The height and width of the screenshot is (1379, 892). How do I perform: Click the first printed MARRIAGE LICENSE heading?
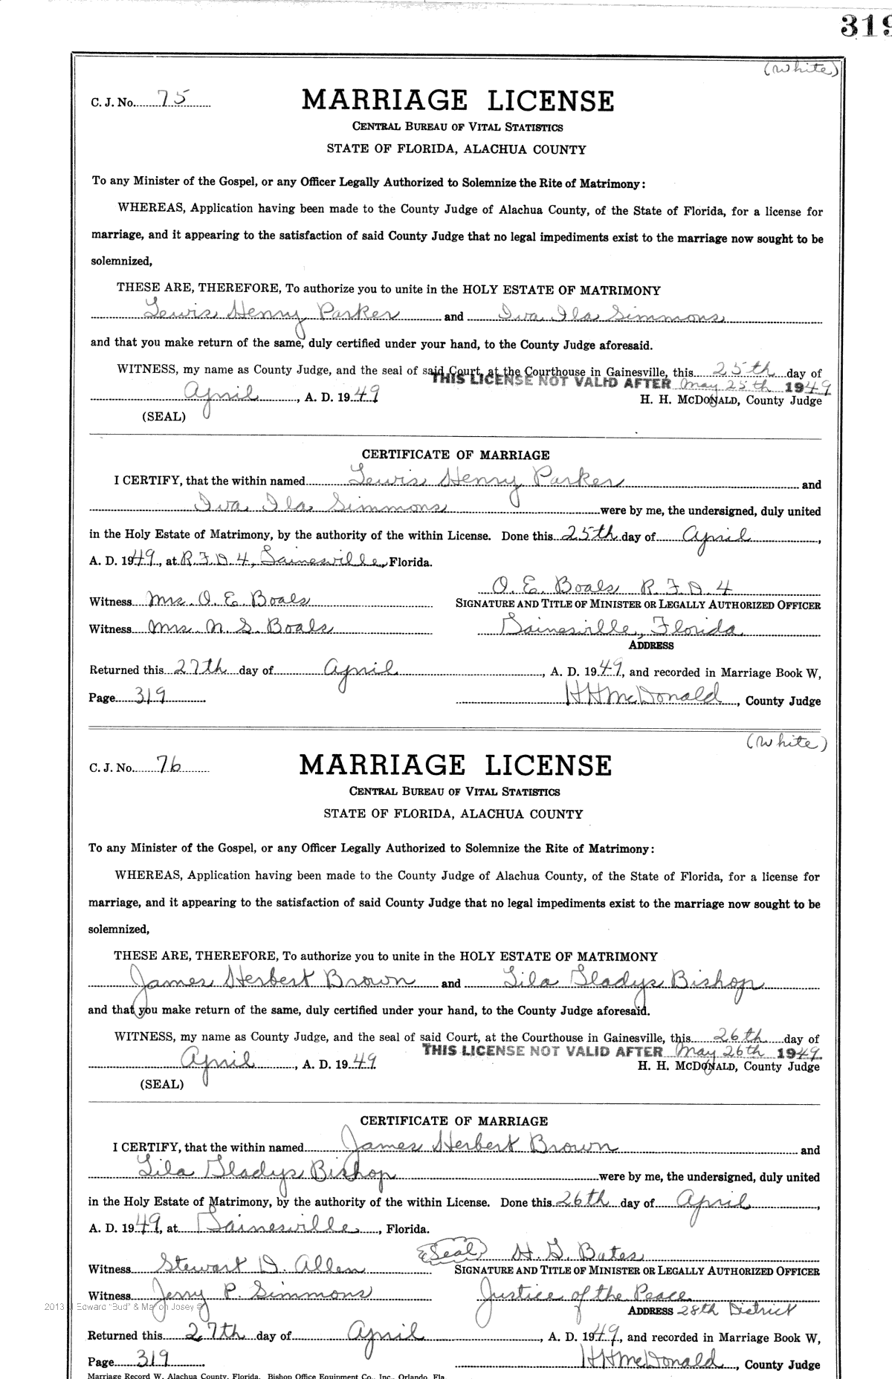[457, 101]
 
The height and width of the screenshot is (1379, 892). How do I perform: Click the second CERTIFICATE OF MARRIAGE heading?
[453, 1121]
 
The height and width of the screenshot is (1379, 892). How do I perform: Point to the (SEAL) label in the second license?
[161, 1084]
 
